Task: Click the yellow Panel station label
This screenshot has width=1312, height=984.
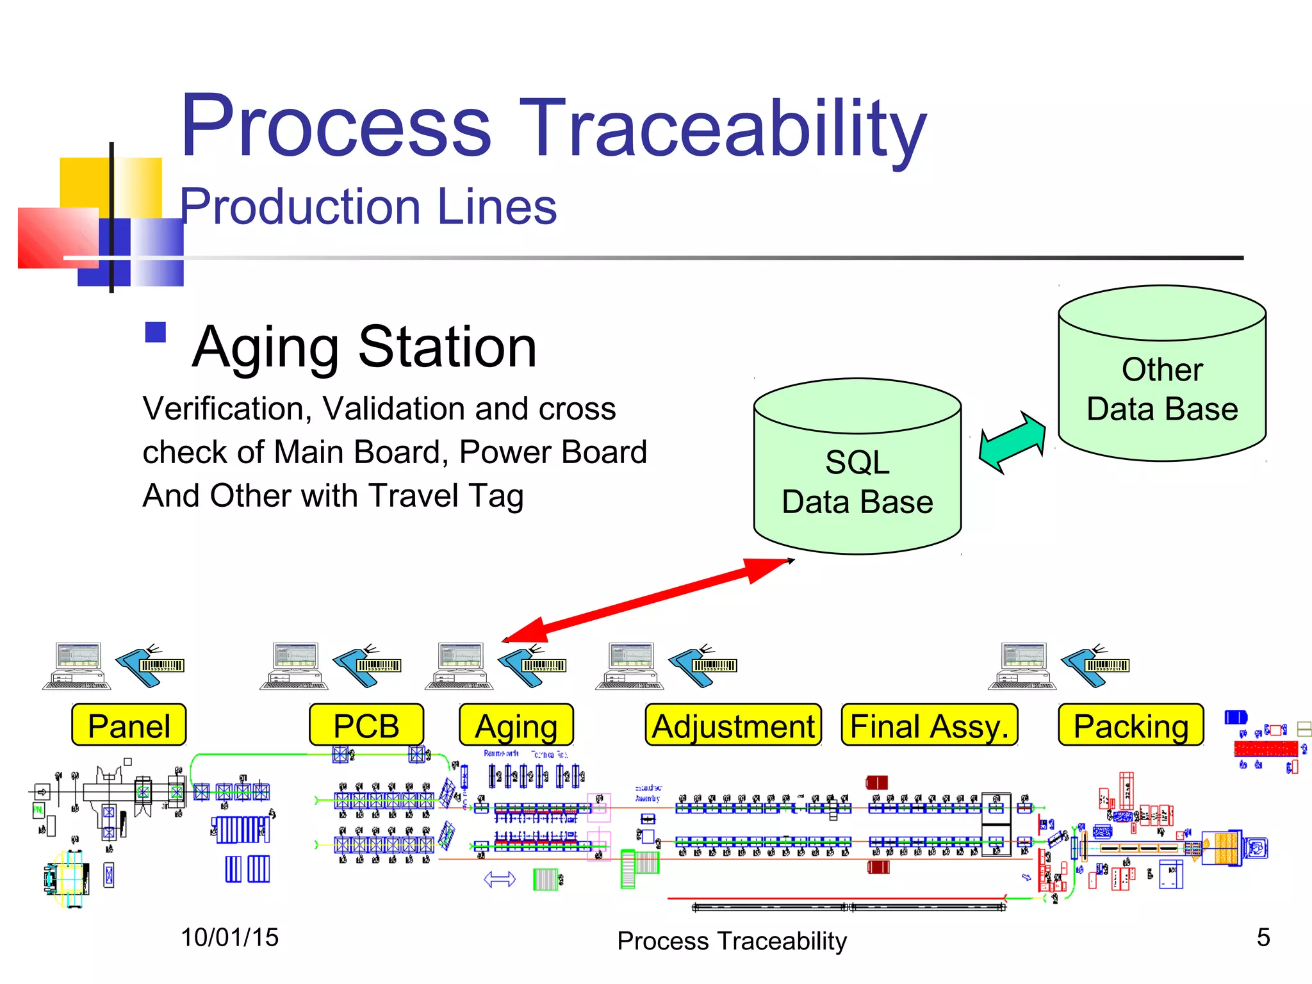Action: tap(129, 725)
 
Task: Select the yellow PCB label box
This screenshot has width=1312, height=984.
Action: tap(366, 725)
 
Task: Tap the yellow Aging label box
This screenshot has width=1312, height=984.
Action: tap(516, 725)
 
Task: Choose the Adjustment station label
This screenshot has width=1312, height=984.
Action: tap(733, 725)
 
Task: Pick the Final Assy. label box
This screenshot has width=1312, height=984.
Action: tap(929, 725)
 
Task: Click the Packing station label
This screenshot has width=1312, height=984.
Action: tap(1131, 725)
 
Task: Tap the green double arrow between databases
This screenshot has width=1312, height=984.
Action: tap(1012, 442)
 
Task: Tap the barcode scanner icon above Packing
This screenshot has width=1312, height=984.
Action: tap(1095, 666)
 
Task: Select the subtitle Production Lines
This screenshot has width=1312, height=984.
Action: tap(368, 207)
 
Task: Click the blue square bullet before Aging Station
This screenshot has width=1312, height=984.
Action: tap(156, 332)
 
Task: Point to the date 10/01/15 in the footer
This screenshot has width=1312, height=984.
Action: tap(229, 938)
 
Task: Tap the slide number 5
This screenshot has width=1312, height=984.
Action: tap(1263, 938)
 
